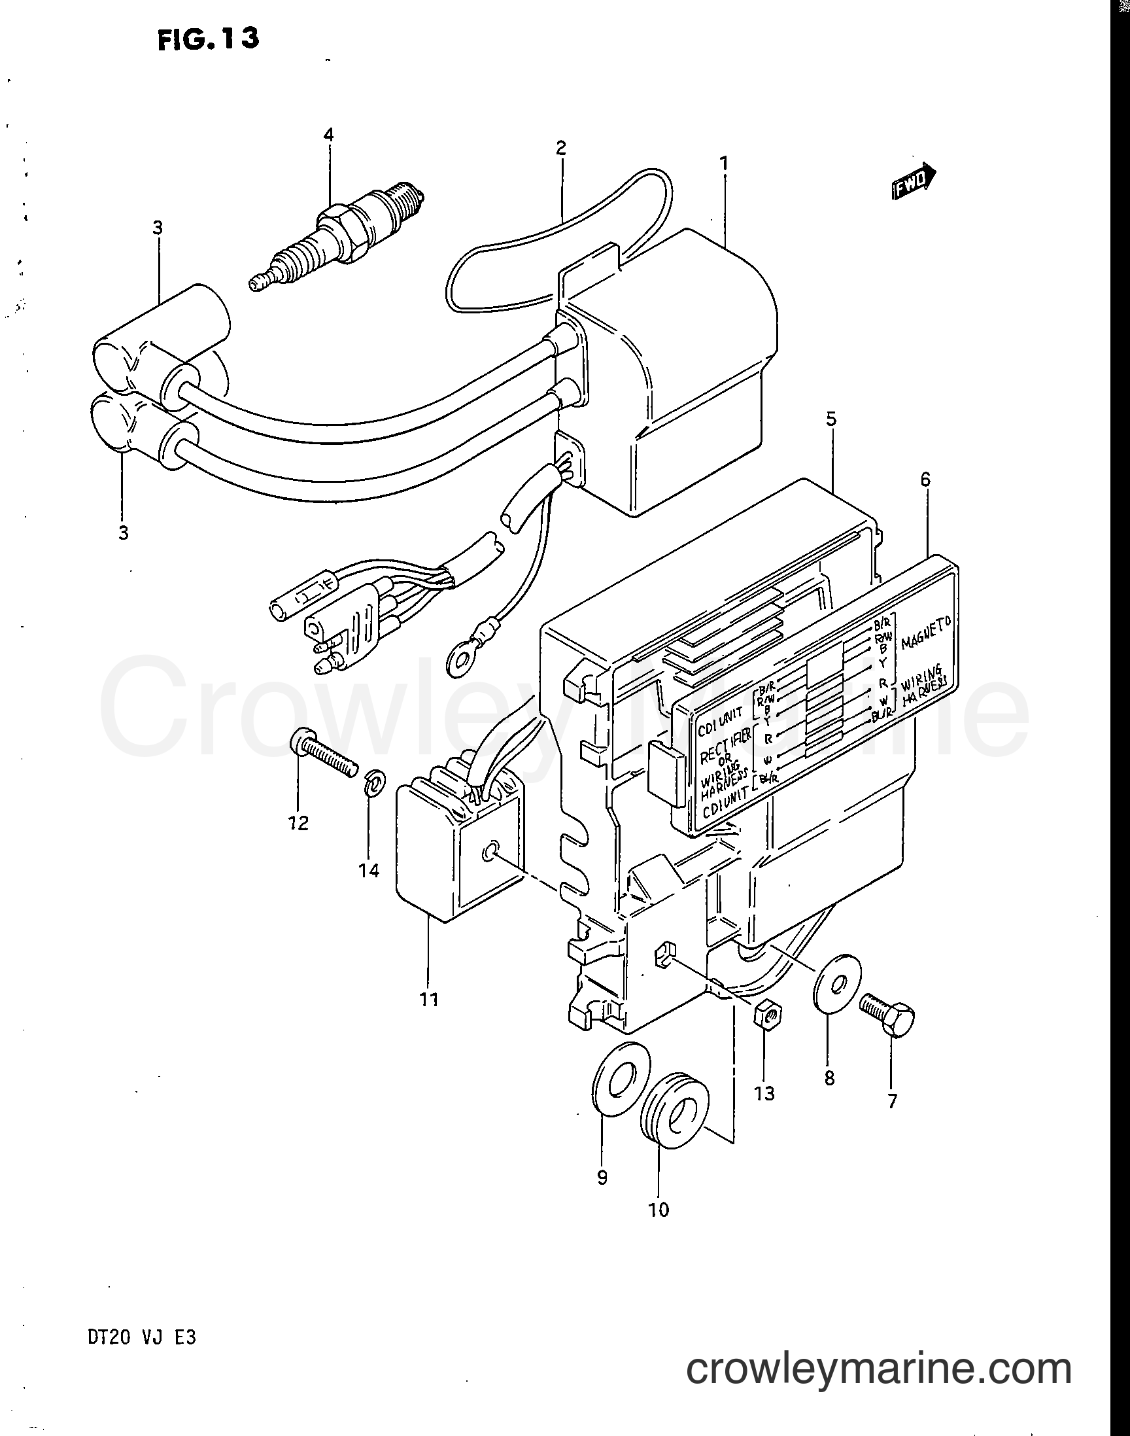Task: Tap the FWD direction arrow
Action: point(913,181)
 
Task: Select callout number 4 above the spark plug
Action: point(328,135)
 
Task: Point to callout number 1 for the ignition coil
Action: point(724,162)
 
